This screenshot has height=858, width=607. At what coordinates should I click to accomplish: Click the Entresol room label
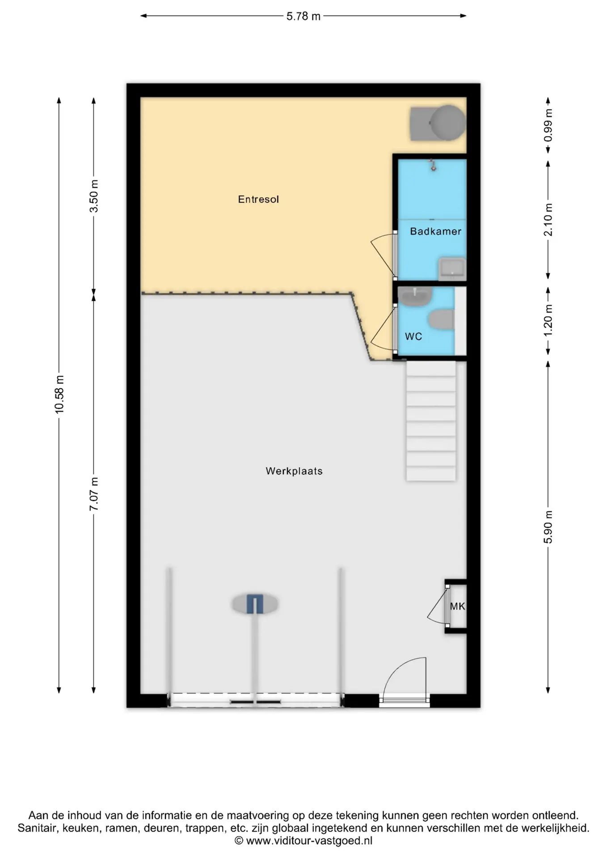tap(258, 199)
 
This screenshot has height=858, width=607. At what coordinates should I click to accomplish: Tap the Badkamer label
tap(436, 231)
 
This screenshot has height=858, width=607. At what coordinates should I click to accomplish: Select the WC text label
tap(413, 336)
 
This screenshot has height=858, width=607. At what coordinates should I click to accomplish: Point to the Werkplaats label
tap(294, 471)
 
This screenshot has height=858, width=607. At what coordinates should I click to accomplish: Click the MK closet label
tap(458, 606)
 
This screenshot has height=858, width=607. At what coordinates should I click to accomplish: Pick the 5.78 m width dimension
tap(303, 16)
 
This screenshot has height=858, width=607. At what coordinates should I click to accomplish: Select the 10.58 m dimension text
tap(59, 395)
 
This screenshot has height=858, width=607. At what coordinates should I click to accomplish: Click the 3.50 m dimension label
tap(94, 196)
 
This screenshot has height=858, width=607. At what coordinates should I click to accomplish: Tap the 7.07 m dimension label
tap(94, 494)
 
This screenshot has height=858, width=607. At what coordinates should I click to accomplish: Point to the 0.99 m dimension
tap(548, 126)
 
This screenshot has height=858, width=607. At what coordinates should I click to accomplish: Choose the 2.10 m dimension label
tap(548, 220)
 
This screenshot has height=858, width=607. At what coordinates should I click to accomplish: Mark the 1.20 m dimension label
tap(548, 320)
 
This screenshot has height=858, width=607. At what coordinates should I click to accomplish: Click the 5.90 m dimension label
tap(548, 527)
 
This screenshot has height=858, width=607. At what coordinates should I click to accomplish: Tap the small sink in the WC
tap(415, 297)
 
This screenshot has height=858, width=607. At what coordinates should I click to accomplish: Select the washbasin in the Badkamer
tap(452, 269)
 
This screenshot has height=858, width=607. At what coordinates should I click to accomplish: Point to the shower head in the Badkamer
tap(432, 165)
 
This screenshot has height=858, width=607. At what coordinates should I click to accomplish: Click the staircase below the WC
tap(431, 421)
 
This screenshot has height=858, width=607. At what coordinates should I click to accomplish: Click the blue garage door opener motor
tap(255, 604)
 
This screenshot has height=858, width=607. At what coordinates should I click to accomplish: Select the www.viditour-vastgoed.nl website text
tap(309, 841)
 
